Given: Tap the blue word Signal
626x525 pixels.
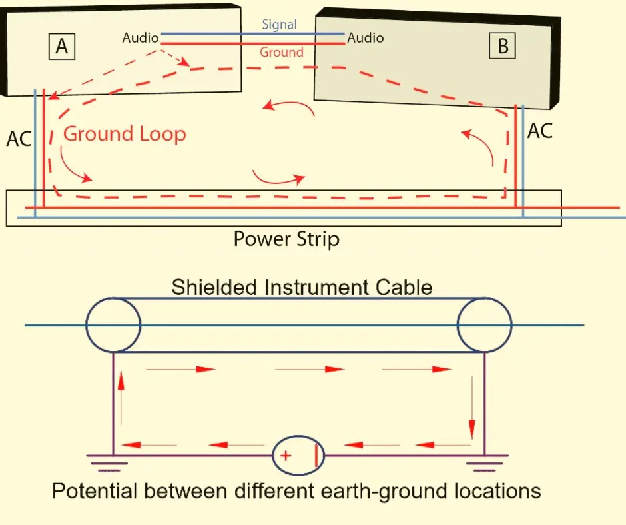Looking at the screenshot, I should [x=279, y=25].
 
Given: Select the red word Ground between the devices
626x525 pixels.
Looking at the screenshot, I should [x=281, y=52].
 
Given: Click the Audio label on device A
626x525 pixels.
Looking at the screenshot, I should [x=141, y=38].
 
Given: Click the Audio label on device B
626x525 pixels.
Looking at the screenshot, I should [x=366, y=37].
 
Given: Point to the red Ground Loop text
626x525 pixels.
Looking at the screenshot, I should [x=125, y=134].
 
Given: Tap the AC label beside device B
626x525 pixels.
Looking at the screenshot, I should [x=540, y=131].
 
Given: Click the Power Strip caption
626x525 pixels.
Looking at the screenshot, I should [x=286, y=239].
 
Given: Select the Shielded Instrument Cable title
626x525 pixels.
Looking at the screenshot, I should [x=302, y=288].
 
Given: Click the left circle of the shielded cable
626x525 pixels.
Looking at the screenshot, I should [x=113, y=325].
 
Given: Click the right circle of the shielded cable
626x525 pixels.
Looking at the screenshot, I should [x=484, y=325].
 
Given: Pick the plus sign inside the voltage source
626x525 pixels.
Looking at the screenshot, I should [x=285, y=456].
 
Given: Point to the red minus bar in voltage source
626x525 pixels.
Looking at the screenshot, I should [x=316, y=456].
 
